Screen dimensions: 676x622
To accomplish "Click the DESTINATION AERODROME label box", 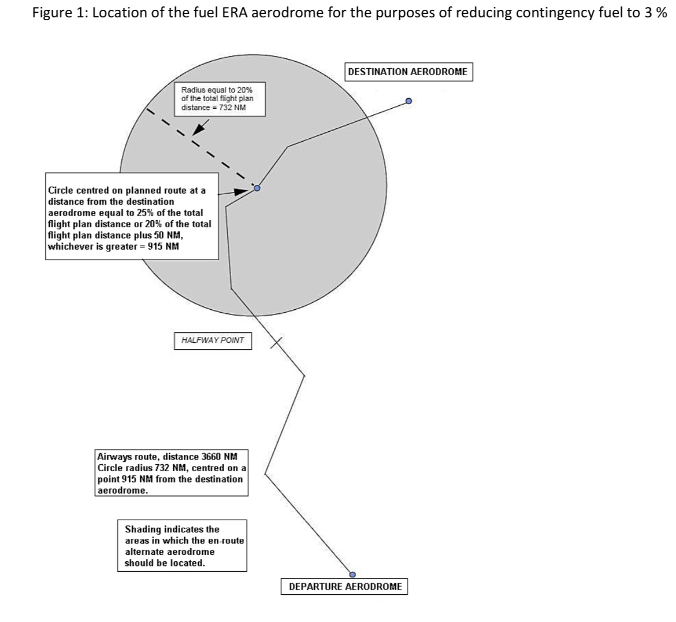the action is pos(408,72).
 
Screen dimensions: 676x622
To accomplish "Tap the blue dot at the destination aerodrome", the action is pos(408,101).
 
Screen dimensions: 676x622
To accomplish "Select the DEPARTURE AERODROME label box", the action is pos(344,587).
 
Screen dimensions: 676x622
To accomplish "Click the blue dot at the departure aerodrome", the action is pos(352,575).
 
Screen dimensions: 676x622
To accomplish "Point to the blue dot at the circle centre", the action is pos(257,188).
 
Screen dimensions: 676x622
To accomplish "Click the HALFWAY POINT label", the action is pos(213,340).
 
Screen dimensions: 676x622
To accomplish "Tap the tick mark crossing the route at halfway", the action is pos(276,343).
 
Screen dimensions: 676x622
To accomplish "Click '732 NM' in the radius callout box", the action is pos(232,108).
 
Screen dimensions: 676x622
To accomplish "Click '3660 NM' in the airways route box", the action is pos(220,456).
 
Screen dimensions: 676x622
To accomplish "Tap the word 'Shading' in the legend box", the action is pos(143,530).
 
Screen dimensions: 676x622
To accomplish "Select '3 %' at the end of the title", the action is pos(656,13).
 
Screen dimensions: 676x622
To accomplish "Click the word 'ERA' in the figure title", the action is pos(235,13).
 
